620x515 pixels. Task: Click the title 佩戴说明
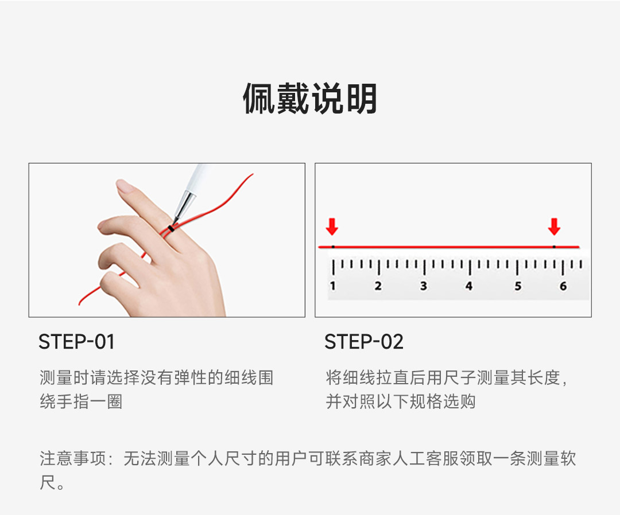309,98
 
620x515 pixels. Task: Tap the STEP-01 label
77,342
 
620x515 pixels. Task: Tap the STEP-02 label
364,342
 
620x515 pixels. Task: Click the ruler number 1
332,286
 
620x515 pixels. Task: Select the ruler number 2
378,286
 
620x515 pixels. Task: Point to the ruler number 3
424,286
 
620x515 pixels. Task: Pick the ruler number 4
469,286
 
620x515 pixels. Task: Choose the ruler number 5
518,286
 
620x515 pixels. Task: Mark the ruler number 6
563,286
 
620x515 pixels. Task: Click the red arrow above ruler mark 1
332,227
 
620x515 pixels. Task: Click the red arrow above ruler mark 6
554,227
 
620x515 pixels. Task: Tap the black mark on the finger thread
171,228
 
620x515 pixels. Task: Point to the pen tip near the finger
175,222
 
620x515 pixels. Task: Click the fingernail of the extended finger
125,186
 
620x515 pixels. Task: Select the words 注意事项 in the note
73,459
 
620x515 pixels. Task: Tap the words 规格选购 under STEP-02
442,401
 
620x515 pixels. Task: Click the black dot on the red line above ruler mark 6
554,247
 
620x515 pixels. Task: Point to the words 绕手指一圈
81,401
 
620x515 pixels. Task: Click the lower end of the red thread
79,304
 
